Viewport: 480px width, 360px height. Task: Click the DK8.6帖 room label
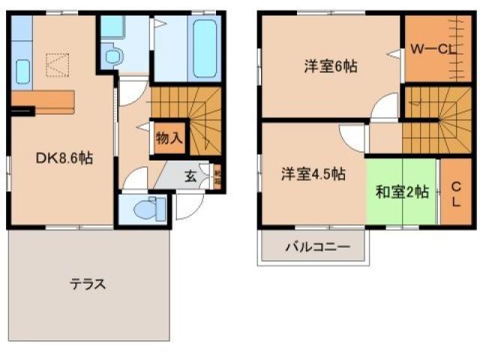tap(66, 158)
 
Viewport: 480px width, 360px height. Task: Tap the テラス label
tap(88, 284)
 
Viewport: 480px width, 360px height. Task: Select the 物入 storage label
tap(169, 139)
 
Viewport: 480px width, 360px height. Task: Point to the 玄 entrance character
tap(190, 177)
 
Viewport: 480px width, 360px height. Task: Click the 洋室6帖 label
tap(330, 66)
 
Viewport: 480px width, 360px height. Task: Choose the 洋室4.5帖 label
tap(313, 174)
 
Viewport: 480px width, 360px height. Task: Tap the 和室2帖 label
tap(402, 192)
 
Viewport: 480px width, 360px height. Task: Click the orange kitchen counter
tap(45, 101)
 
